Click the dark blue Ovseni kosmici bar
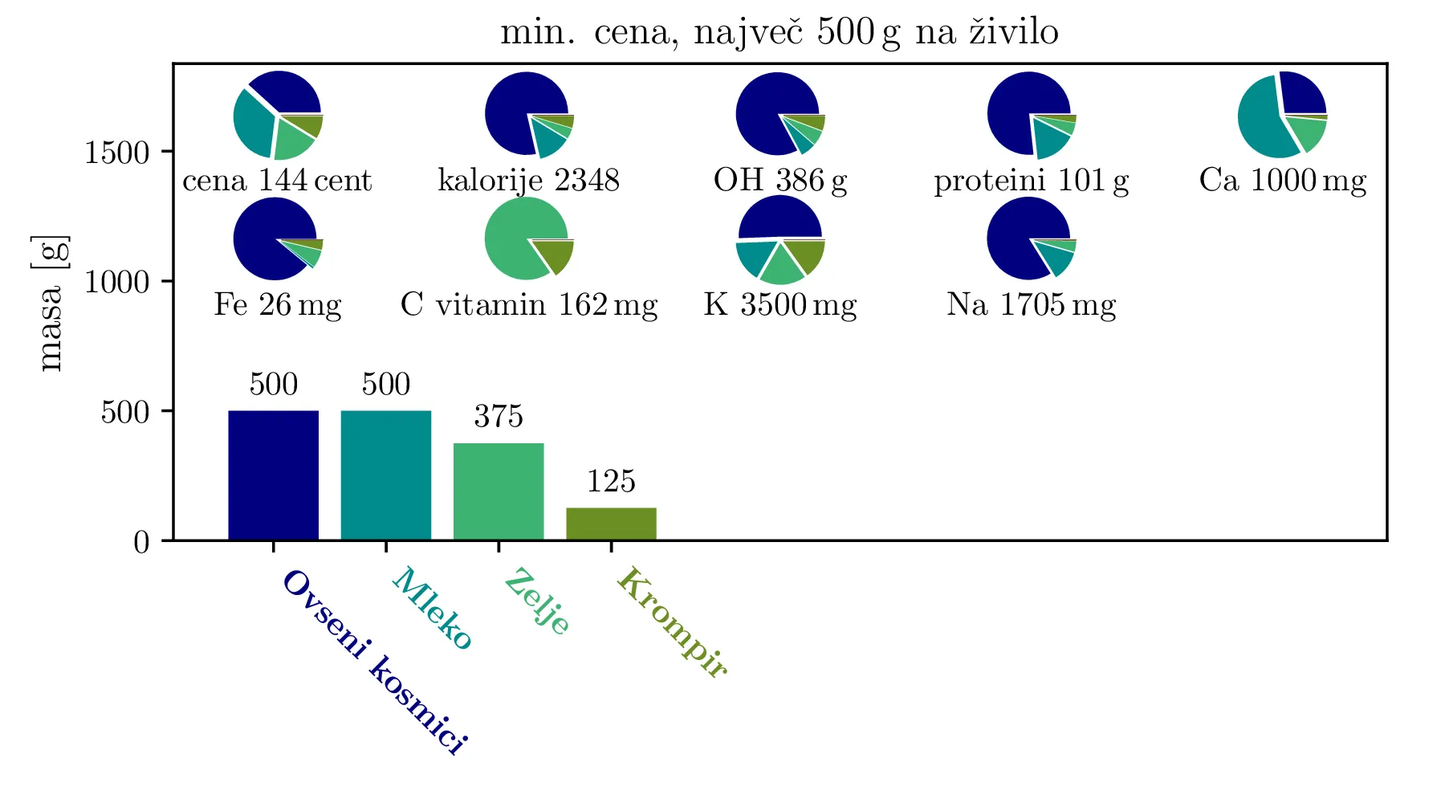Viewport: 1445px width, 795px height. pyautogui.click(x=273, y=475)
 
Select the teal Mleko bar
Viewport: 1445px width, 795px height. pyautogui.click(x=385, y=475)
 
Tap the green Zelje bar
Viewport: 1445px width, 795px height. pyautogui.click(x=499, y=491)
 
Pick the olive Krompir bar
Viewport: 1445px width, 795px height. pyautogui.click(x=611, y=524)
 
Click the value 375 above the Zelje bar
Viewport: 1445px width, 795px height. pyautogui.click(x=499, y=417)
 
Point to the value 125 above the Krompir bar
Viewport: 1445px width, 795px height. pyautogui.click(x=611, y=482)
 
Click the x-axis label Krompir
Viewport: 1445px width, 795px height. pyautogui.click(x=671, y=622)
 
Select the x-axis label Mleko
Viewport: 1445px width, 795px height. pyautogui.click(x=432, y=608)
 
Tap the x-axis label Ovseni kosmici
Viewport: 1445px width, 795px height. pyautogui.click(x=374, y=662)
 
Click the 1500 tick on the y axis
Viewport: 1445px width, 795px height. pyautogui.click(x=117, y=152)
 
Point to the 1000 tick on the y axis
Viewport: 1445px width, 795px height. pyautogui.click(x=117, y=282)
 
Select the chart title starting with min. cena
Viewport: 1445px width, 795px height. pyautogui.click(x=779, y=33)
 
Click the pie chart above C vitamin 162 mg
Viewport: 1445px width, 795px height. pyautogui.click(x=529, y=239)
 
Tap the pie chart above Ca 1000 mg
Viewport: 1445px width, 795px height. pyautogui.click(x=1282, y=115)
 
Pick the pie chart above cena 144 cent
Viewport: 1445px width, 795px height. pyautogui.click(x=278, y=115)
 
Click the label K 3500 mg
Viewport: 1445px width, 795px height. pyautogui.click(x=780, y=305)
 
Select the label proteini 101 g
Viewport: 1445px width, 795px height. pyautogui.click(x=1031, y=181)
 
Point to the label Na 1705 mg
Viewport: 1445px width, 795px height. pyautogui.click(x=1031, y=305)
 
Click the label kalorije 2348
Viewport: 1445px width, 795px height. pyautogui.click(x=528, y=181)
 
